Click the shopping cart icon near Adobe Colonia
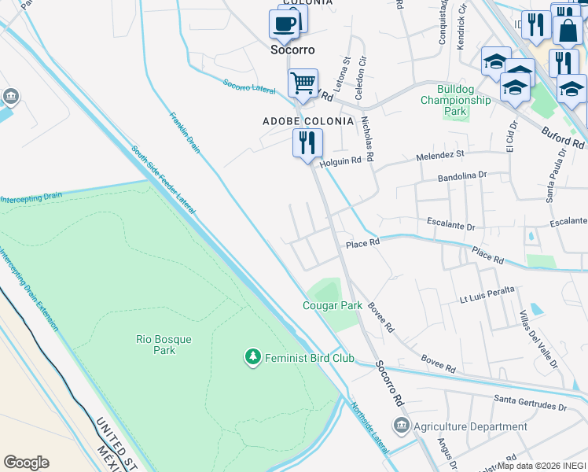click(303, 83)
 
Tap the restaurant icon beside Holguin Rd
click(307, 142)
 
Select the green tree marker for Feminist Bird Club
click(252, 358)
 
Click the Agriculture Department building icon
click(401, 426)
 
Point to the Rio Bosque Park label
click(164, 345)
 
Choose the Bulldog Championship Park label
click(455, 100)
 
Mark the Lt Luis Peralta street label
click(487, 295)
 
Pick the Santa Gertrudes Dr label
click(530, 406)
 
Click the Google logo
click(26, 462)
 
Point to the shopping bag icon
click(567, 31)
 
